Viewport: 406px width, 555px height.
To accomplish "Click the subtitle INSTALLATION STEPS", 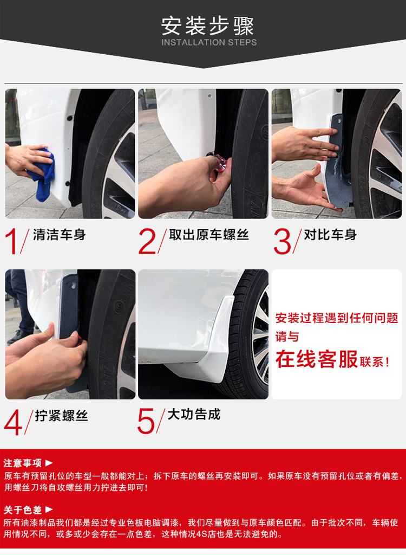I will tap(209, 42).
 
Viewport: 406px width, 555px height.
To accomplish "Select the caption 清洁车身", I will tap(60, 235).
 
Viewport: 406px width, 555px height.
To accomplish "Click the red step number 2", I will tap(147, 242).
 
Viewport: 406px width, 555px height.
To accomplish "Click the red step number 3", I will tap(282, 242).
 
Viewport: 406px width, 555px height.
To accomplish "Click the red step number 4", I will tap(14, 422).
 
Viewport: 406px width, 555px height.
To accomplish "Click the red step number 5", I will tap(146, 421).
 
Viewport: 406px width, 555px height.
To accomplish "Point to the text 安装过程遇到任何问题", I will tap(337, 318).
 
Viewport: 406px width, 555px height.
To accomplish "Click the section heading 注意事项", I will tap(23, 463).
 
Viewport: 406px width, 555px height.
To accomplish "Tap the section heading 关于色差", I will tap(23, 509).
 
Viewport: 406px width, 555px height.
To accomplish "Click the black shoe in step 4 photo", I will tap(16, 338).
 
